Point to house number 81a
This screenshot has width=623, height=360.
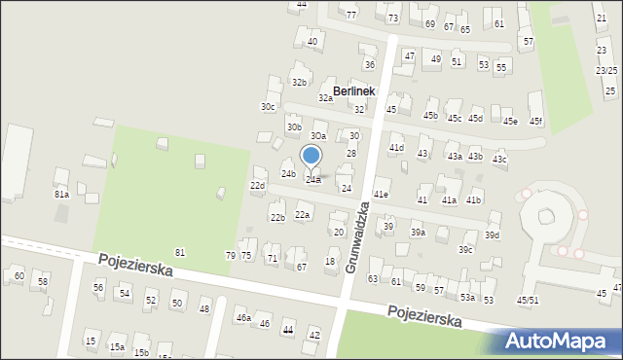61,195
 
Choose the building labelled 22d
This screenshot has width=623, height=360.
257,185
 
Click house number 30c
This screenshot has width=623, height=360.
268,106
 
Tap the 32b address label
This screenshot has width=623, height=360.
300,82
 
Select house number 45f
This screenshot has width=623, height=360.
535,121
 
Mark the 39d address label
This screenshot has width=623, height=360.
493,234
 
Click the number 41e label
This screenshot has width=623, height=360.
382,195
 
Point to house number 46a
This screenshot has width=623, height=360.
243,317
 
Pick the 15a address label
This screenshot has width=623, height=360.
117,346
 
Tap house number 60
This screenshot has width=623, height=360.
18,276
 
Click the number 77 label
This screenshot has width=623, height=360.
351,16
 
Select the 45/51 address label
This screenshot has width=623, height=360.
528,300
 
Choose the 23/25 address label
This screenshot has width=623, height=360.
606,70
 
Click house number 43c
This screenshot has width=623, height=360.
499,159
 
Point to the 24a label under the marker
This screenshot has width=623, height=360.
313,179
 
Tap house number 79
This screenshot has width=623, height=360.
231,255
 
